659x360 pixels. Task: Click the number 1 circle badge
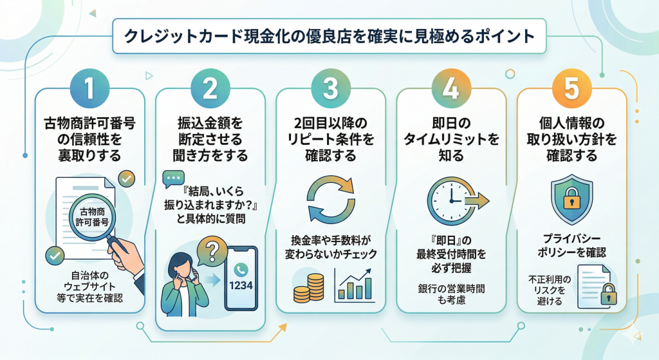(89, 88)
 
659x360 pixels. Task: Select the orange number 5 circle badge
(571, 88)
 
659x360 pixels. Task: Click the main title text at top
(329, 36)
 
